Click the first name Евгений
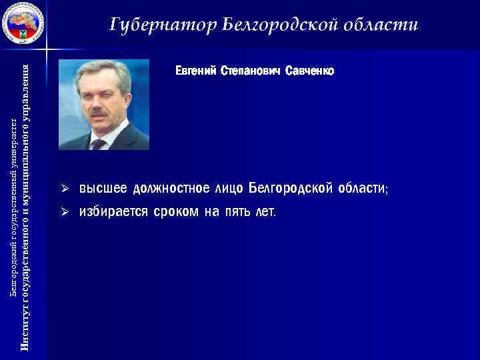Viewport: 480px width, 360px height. pos(196,70)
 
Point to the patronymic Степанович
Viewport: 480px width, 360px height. pos(250,70)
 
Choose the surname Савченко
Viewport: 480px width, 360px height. pos(309,70)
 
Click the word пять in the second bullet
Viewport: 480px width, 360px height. pos(237,212)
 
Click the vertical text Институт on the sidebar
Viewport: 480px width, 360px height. pos(25,331)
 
